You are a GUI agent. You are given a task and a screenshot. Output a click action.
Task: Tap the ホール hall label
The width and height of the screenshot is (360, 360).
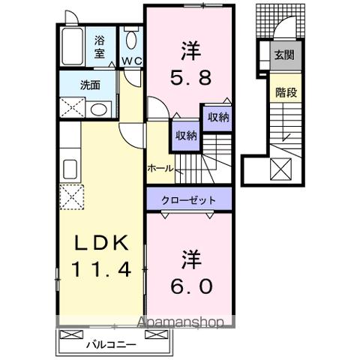[x=160, y=168]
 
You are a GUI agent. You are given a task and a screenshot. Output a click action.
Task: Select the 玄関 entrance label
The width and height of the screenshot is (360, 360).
[x=283, y=55]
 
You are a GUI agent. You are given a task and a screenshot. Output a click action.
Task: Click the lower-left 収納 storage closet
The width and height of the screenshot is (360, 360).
[x=187, y=136]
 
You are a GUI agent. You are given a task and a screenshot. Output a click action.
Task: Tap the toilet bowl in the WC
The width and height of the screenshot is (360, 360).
[x=131, y=39]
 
